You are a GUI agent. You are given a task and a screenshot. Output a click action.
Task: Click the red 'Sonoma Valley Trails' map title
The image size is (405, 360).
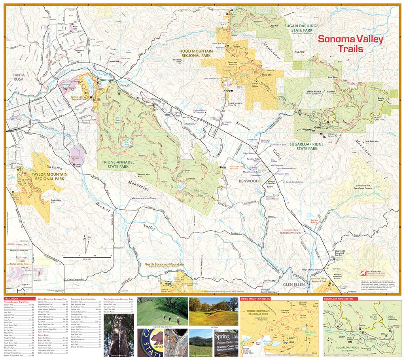coord(350,44)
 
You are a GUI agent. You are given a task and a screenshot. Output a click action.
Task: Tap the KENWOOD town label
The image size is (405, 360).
coord(249,181)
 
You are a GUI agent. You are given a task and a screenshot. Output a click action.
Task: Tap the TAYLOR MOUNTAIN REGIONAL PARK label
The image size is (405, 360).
coord(45,176)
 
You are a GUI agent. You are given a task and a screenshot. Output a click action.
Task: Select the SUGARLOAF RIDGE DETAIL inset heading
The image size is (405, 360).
coord(339,299)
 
